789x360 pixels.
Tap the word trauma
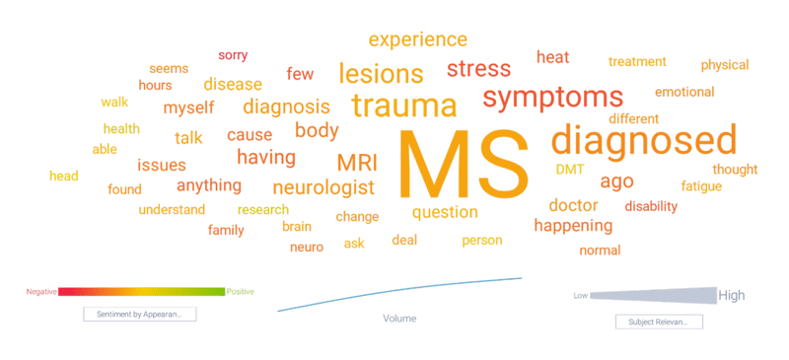click(403, 106)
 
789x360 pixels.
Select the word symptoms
click(553, 98)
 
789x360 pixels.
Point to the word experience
click(418, 40)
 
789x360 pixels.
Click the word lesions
click(381, 74)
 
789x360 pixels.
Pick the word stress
click(478, 69)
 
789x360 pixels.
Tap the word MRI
click(356, 162)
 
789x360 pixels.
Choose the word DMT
click(570, 170)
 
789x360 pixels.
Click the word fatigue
click(701, 185)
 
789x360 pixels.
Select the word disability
click(651, 207)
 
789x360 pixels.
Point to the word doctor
click(574, 205)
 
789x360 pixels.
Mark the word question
click(445, 212)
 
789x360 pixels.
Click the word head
click(64, 177)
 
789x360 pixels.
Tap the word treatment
click(637, 62)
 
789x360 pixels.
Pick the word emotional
click(684, 93)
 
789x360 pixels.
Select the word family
click(226, 230)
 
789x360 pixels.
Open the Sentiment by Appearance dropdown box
click(139, 314)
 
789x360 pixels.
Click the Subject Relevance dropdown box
click(658, 322)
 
